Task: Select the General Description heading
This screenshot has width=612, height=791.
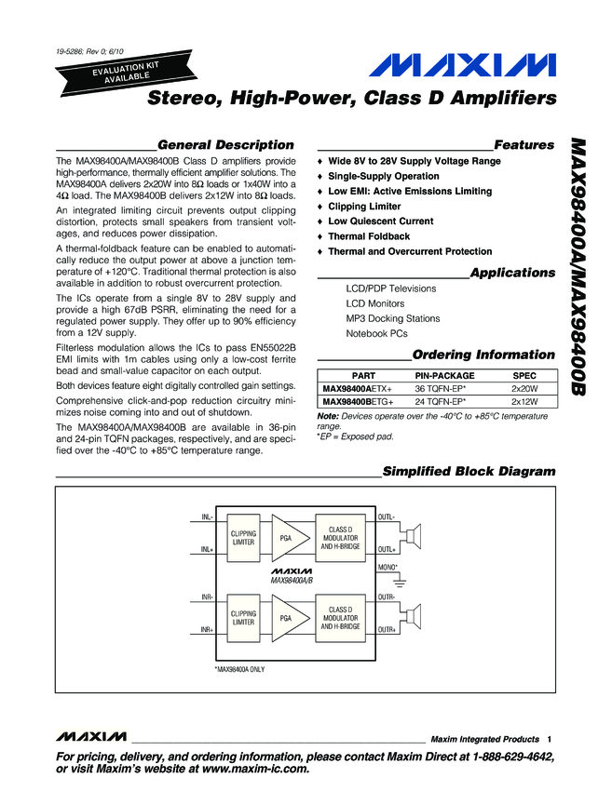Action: tap(225, 145)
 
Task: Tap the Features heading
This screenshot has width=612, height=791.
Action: tap(524, 145)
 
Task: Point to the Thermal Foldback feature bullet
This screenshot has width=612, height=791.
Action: tap(368, 236)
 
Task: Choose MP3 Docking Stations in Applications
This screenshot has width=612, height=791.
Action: tap(392, 318)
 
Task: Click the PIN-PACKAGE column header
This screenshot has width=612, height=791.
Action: tap(443, 375)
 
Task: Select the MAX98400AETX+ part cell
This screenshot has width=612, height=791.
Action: tap(358, 388)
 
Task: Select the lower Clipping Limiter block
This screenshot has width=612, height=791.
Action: tap(243, 617)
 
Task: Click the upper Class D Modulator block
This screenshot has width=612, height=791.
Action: tap(340, 537)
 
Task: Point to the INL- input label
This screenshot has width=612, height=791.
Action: tap(208, 516)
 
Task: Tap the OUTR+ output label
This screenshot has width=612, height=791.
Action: tap(387, 630)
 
